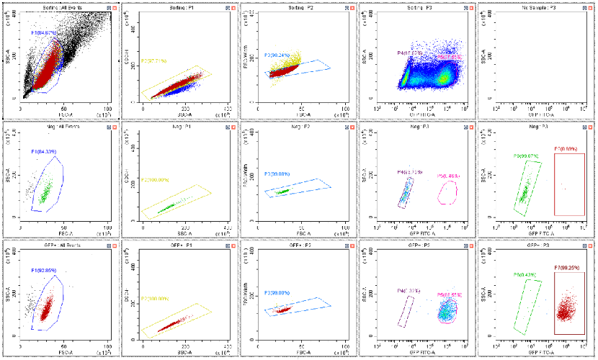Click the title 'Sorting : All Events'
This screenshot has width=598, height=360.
61,6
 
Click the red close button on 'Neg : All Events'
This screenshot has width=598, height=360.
112,125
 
